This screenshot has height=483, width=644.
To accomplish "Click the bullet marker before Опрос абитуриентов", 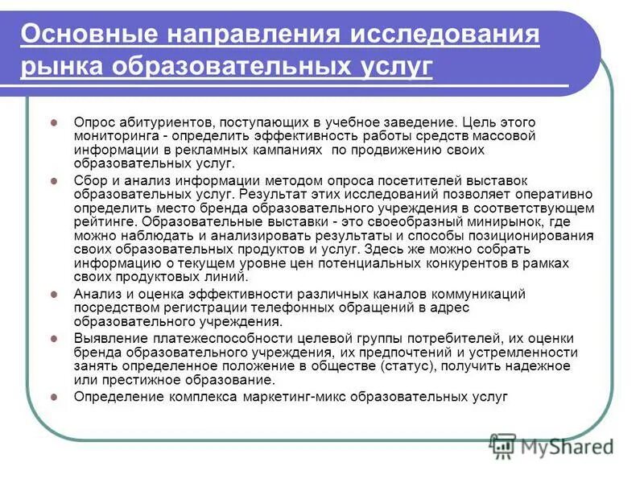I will click(x=54, y=122).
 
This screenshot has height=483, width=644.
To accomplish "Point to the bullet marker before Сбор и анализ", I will click(x=54, y=182).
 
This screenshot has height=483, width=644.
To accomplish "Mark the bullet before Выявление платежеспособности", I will click(x=54, y=339).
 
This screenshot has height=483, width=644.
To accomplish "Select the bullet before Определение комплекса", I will click(x=54, y=397).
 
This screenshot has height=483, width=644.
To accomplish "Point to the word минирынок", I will click(x=484, y=221).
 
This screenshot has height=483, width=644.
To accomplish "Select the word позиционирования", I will click(x=536, y=235).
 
